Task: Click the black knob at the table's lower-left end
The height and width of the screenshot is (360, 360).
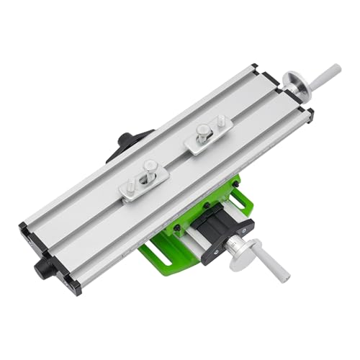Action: (x=45, y=268)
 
